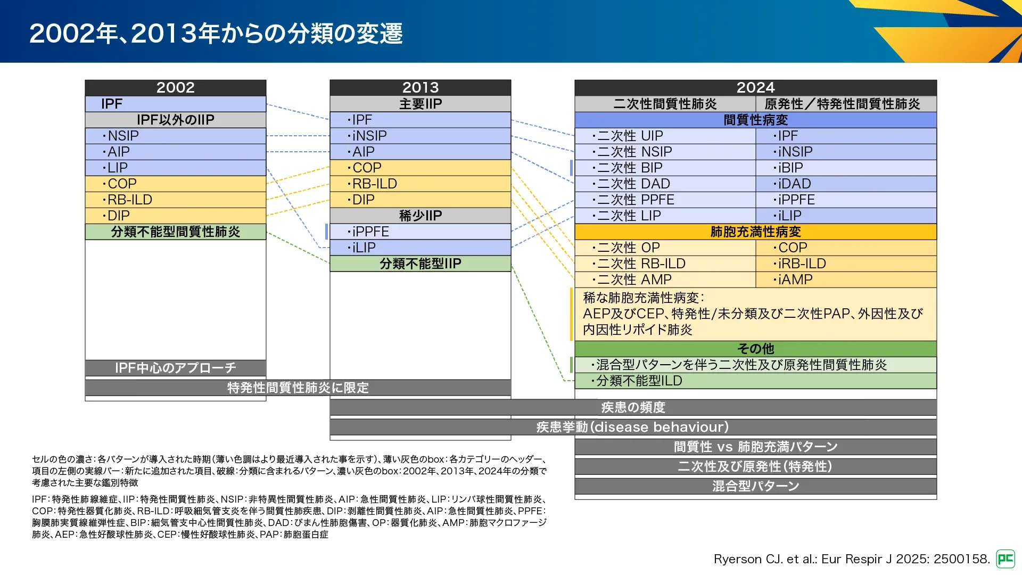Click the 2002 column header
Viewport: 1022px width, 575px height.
click(x=175, y=88)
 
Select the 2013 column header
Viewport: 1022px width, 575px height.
click(x=420, y=88)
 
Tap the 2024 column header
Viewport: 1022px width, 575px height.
click(x=755, y=88)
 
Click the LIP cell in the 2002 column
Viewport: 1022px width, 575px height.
click(x=175, y=168)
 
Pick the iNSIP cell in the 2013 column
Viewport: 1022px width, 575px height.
click(x=420, y=136)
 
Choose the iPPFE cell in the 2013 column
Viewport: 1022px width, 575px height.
click(x=420, y=232)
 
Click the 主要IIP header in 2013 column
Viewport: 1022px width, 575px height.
click(x=420, y=104)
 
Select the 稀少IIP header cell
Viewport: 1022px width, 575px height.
click(x=420, y=216)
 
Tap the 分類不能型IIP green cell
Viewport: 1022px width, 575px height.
click(x=420, y=264)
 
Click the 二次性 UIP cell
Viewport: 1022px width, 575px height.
click(x=665, y=136)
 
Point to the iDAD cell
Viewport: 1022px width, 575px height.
click(x=846, y=184)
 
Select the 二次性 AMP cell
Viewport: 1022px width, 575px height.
click(x=665, y=280)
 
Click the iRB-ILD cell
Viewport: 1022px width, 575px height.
click(x=846, y=264)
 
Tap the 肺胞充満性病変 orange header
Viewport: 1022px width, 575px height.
click(x=755, y=232)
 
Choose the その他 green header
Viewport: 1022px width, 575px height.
click(x=755, y=349)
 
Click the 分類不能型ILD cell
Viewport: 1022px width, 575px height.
click(x=755, y=381)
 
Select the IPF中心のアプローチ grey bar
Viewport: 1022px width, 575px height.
click(x=175, y=368)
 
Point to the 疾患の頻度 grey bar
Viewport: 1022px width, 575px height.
click(x=633, y=407)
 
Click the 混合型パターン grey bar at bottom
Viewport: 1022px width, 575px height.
click(x=755, y=486)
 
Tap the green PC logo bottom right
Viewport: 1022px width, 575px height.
click(x=1005, y=559)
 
